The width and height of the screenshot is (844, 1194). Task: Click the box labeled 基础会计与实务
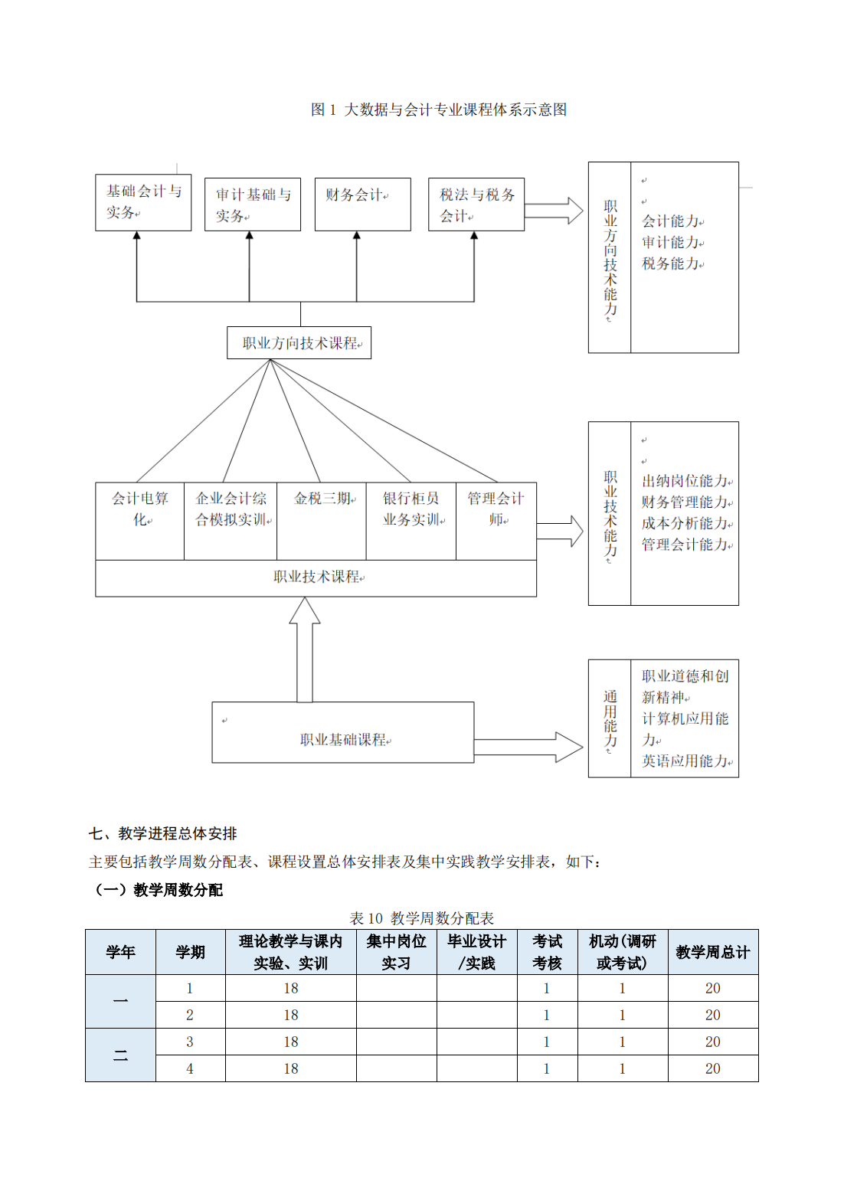pyautogui.click(x=143, y=202)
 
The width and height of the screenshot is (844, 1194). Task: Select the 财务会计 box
pyautogui.click(x=362, y=204)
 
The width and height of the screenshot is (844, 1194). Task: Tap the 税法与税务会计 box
pyautogui.click(x=476, y=204)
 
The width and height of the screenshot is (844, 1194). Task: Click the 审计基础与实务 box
pyautogui.click(x=253, y=204)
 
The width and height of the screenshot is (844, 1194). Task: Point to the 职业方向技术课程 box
pyautogui.click(x=299, y=343)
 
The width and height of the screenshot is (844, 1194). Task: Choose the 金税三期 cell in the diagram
pyautogui.click(x=322, y=521)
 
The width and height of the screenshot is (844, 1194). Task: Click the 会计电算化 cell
pyautogui.click(x=139, y=521)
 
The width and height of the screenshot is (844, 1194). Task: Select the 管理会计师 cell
pyautogui.click(x=496, y=521)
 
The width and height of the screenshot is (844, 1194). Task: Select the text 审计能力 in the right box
pyautogui.click(x=671, y=243)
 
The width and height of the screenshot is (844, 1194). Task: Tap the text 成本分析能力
pyautogui.click(x=685, y=524)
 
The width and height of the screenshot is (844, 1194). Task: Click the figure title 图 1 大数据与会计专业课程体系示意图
pyautogui.click(x=439, y=110)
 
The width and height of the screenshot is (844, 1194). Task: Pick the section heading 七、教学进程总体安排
pyautogui.click(x=163, y=833)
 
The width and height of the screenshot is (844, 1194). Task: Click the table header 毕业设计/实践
pyautogui.click(x=476, y=952)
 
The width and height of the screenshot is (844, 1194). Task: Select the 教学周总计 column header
pyautogui.click(x=712, y=952)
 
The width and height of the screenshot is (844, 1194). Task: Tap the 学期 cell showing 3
pyautogui.click(x=190, y=1042)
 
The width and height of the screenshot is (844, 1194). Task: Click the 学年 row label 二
pyautogui.click(x=120, y=1055)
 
